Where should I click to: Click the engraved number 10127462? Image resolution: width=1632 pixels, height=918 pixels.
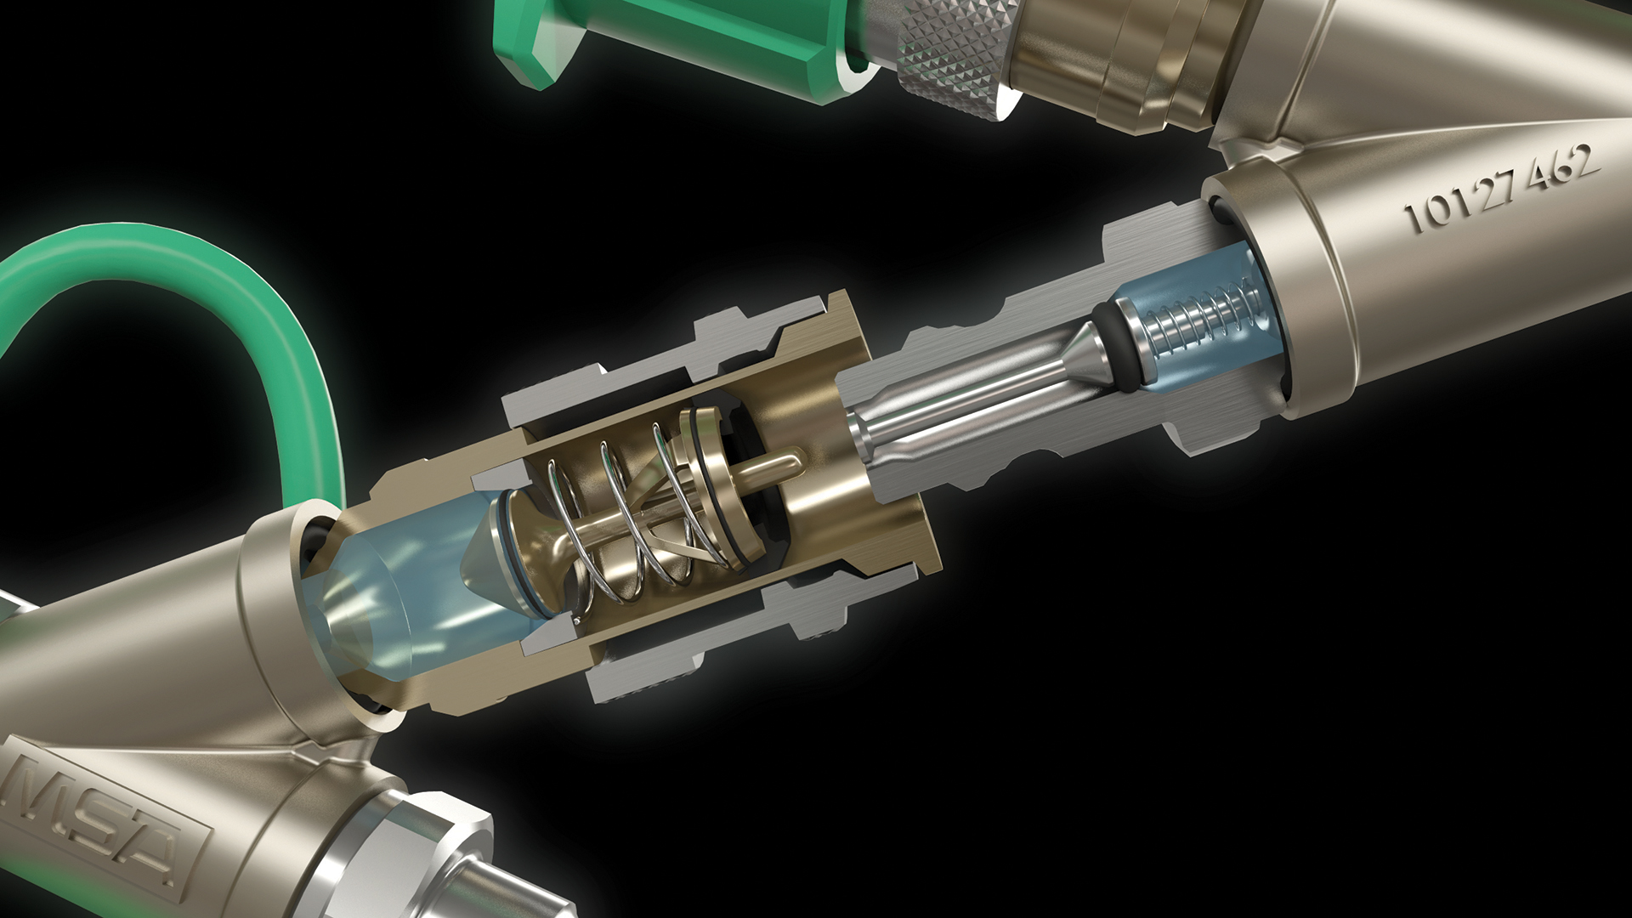[1502, 186]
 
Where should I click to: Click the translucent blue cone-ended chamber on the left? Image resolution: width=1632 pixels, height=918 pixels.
[416, 586]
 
